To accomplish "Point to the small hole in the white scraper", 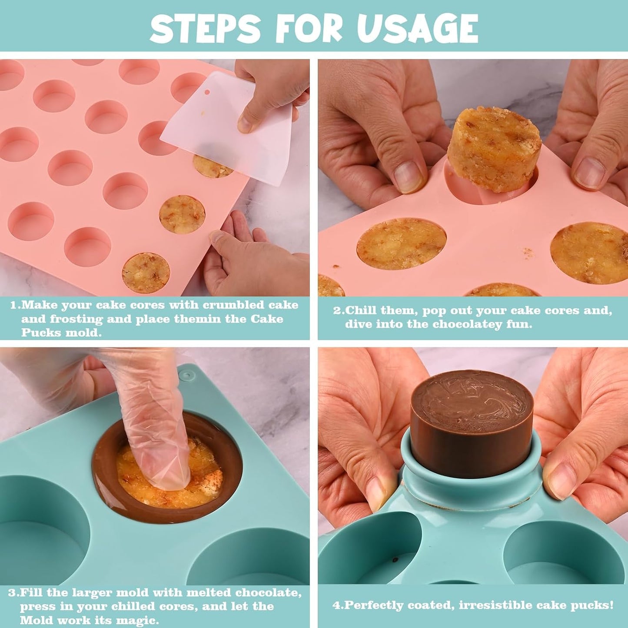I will tap(207, 92).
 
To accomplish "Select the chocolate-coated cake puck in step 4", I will tap(472, 424).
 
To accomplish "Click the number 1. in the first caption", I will tap(16, 305).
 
